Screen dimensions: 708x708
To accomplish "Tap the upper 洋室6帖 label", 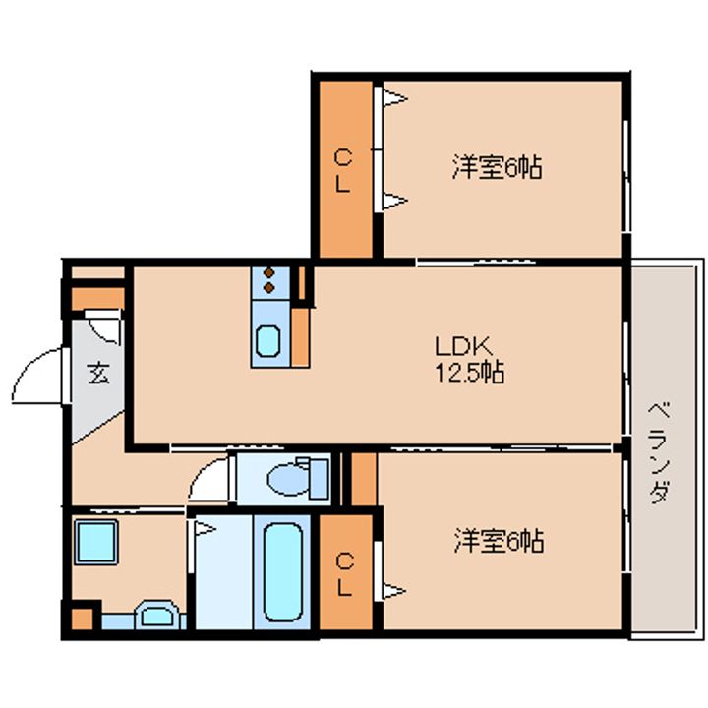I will pos(498,167).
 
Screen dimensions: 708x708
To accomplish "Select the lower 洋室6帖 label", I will pos(500,540).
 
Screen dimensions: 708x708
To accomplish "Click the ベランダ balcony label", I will pos(660,452).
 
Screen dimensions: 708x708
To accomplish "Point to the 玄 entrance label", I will pos(97,374).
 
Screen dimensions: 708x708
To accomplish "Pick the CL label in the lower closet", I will pos(344,573).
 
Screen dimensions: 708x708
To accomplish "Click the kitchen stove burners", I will pos(266,282).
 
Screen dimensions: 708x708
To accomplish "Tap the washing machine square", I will pos(95,542).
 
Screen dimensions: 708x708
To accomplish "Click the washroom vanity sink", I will pos(156,618).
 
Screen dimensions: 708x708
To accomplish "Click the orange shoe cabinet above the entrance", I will pos(96,296).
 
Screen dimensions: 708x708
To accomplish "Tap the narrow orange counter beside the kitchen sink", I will pos(300,337).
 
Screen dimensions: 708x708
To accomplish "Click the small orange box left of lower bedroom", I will pos(363,479).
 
